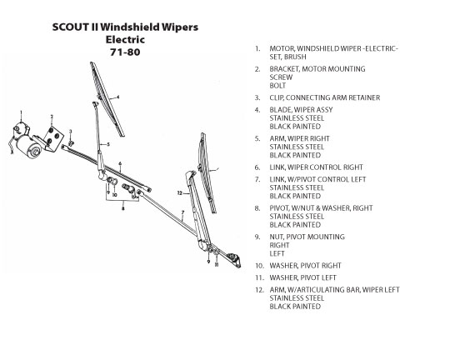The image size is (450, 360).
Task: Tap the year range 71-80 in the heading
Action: tap(125, 52)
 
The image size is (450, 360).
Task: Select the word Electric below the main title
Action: tap(125, 39)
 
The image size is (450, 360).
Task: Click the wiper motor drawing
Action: tap(24, 141)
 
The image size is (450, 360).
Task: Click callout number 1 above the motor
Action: tap(21, 112)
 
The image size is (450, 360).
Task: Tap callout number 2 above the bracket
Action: tap(52, 117)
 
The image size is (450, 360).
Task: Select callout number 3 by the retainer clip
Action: tap(70, 132)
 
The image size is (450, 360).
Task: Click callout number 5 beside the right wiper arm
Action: tap(108, 144)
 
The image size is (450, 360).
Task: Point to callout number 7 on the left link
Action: tap(182, 212)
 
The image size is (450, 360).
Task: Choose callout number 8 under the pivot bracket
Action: tap(123, 208)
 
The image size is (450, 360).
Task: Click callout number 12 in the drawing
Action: tap(180, 193)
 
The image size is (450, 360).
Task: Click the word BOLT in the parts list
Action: tap(277, 86)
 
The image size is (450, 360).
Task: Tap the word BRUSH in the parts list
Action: tap(295, 57)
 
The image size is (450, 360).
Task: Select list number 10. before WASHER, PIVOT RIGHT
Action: tap(259, 266)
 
